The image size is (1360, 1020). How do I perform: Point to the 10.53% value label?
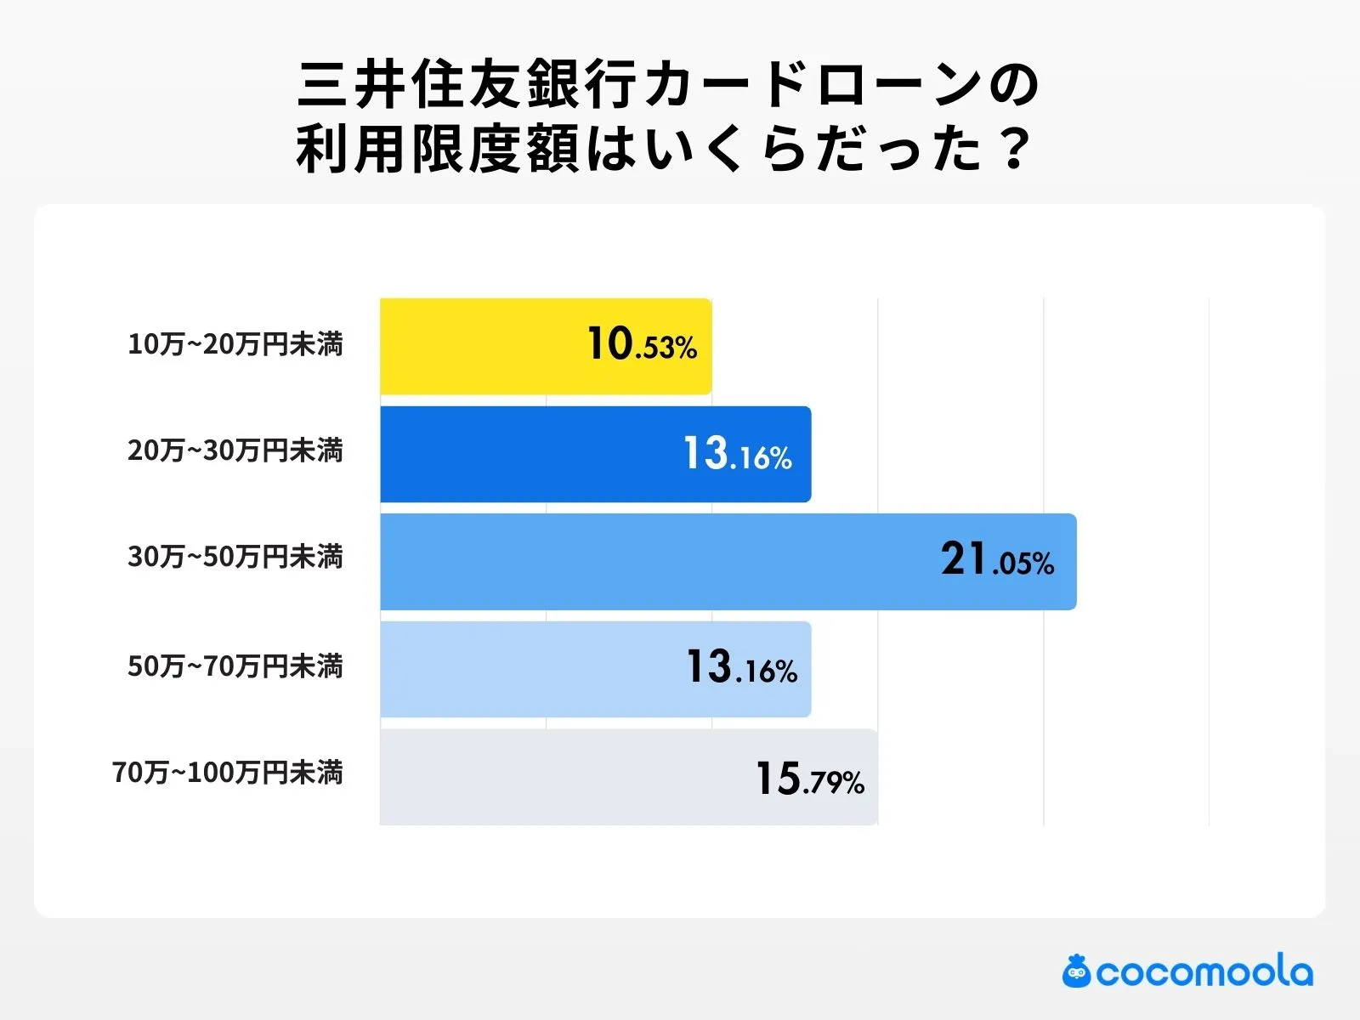[x=642, y=345]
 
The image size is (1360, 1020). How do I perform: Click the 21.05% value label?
[x=997, y=560]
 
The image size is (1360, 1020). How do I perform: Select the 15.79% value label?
[x=810, y=779]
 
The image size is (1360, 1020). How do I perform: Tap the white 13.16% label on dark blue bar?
[x=738, y=454]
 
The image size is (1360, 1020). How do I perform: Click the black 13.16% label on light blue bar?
[x=741, y=668]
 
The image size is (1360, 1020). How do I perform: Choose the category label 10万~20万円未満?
[x=235, y=345]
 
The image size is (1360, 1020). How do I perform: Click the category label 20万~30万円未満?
[x=235, y=450]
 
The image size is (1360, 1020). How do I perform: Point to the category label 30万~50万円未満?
[x=235, y=558]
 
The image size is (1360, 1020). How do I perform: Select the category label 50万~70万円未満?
[x=235, y=666]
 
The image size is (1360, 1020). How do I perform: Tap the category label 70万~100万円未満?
[x=228, y=773]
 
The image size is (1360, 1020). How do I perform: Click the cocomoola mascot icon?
[x=1076, y=972]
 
